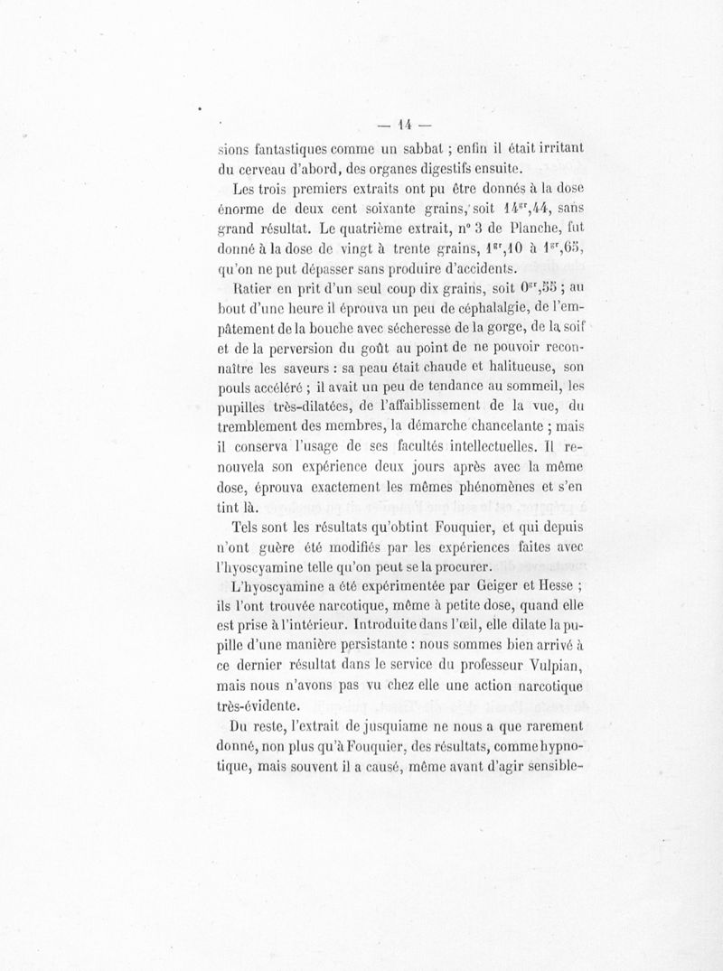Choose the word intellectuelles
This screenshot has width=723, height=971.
point(490,447)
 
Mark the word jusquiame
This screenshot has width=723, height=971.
point(398,727)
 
